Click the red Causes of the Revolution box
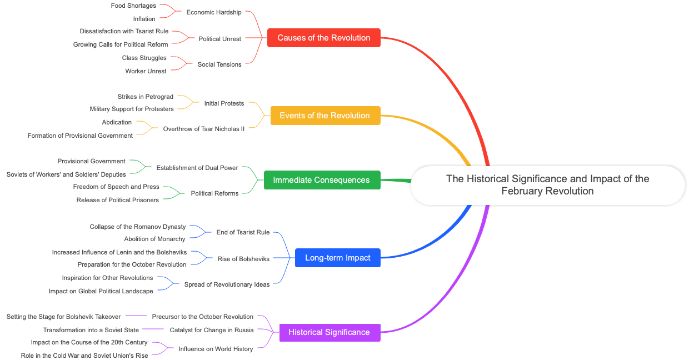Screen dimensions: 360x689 click(x=324, y=38)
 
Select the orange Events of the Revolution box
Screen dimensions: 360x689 click(x=325, y=116)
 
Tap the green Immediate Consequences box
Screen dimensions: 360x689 click(x=322, y=180)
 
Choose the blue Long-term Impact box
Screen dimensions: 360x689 click(x=337, y=258)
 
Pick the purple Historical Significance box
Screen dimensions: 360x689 click(x=329, y=332)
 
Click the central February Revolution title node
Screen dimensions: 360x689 click(x=547, y=185)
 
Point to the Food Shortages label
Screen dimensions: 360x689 click(x=133, y=6)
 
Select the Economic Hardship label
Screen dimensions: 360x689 click(x=214, y=12)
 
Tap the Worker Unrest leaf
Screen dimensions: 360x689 click(x=146, y=71)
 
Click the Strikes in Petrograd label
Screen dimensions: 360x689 click(x=146, y=97)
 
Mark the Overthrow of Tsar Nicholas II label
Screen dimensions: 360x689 click(x=204, y=129)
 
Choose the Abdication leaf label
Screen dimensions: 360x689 click(x=117, y=122)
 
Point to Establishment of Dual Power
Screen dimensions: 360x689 click(x=197, y=168)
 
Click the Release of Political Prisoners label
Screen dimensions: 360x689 click(x=118, y=200)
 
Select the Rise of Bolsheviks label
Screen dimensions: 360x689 click(x=243, y=259)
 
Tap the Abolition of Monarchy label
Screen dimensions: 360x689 click(x=154, y=239)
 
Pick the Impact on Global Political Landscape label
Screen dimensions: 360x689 click(x=101, y=291)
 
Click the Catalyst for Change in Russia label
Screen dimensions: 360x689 click(x=212, y=330)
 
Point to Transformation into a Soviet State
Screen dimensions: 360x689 click(x=91, y=330)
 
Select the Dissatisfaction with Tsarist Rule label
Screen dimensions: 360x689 click(x=124, y=31)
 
